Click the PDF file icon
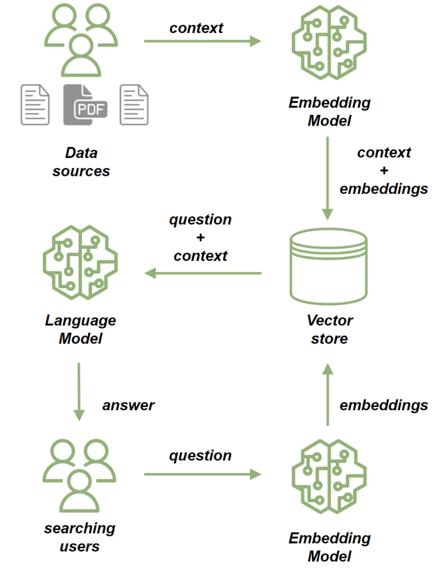click(85, 104)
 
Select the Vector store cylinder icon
click(328, 266)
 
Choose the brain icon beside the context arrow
click(329, 41)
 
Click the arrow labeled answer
click(79, 391)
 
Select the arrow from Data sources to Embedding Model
click(203, 41)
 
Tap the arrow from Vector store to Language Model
click(203, 273)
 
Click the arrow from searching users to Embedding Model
click(203, 475)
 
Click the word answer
click(128, 405)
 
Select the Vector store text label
click(329, 330)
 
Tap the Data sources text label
click(81, 161)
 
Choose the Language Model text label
click(81, 330)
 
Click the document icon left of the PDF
click(35, 104)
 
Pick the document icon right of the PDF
click(134, 104)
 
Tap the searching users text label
click(80, 536)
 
